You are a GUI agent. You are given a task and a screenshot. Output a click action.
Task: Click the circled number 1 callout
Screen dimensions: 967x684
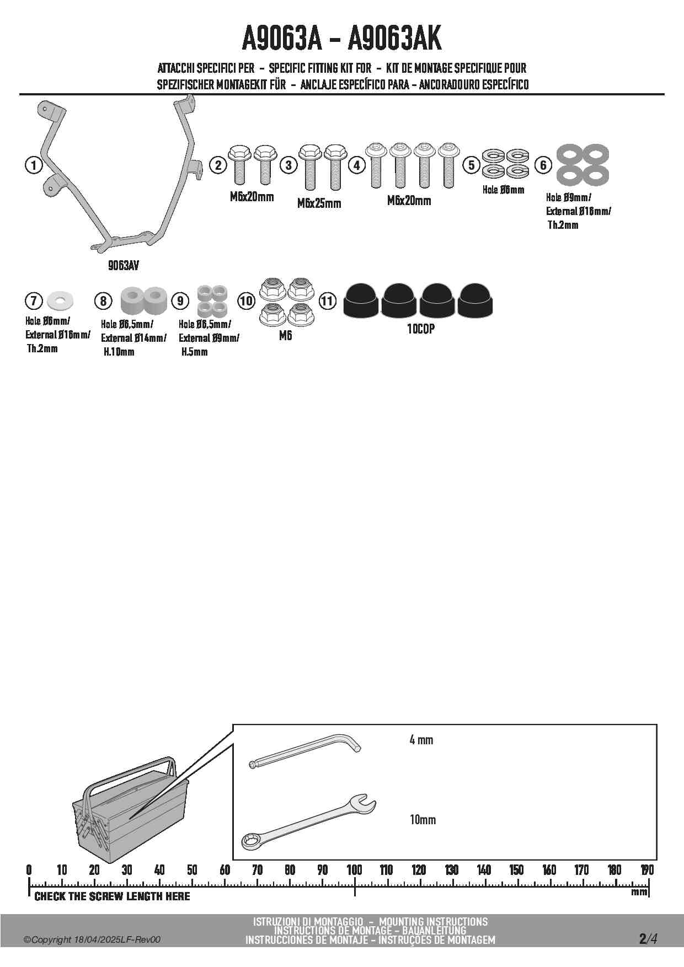click(x=34, y=165)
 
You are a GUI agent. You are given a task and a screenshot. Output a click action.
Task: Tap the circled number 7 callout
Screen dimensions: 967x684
click(x=34, y=300)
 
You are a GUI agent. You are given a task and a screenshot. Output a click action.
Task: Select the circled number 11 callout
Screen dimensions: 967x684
click(x=327, y=300)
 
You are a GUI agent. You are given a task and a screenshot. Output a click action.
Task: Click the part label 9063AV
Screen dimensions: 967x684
click(x=124, y=265)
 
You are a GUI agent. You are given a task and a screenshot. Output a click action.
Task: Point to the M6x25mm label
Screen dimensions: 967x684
click(x=319, y=203)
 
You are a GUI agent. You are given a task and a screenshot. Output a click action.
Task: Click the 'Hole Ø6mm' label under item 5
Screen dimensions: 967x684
click(x=503, y=190)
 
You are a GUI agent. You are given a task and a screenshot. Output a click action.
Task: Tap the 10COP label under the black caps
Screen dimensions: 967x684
click(x=420, y=329)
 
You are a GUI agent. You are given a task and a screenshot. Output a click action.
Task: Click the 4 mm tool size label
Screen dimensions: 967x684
click(x=421, y=740)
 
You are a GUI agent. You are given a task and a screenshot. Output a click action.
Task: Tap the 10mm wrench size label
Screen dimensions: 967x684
click(x=423, y=820)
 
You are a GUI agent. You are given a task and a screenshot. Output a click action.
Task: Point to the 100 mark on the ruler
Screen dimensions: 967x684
click(x=354, y=870)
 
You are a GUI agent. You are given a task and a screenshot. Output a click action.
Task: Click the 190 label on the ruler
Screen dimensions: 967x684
click(x=647, y=870)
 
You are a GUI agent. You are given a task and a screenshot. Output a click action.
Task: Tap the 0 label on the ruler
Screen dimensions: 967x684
click(x=29, y=870)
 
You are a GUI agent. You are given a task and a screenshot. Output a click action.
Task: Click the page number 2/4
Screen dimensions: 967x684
click(x=648, y=938)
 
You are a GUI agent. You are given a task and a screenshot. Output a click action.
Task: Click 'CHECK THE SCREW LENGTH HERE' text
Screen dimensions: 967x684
click(x=112, y=896)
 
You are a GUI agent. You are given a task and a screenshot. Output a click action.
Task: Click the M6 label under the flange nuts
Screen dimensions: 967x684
click(x=285, y=335)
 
